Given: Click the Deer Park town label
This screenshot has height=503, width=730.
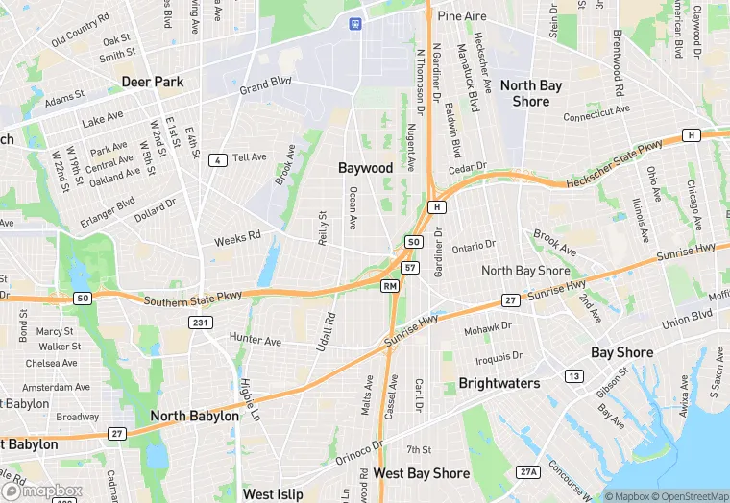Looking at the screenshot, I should (153, 82).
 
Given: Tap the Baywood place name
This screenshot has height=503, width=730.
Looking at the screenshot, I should (365, 168).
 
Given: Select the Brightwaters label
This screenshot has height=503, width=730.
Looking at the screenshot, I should (499, 383).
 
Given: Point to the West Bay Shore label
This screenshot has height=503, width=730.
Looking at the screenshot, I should (421, 473).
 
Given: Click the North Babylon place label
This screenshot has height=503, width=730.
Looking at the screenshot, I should (194, 417).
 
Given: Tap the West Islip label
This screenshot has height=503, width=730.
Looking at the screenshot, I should (273, 494).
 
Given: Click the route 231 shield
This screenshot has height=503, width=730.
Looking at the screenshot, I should (200, 322).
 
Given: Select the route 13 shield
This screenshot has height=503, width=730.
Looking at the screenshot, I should (573, 375).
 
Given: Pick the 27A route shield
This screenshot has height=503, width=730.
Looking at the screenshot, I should (528, 471).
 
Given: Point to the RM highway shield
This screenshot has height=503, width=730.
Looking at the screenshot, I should (390, 286).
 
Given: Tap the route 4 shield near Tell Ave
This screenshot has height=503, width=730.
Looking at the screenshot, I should (219, 160).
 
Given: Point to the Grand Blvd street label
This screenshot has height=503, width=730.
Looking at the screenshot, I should (265, 86).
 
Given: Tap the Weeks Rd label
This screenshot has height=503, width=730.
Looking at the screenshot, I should (237, 236).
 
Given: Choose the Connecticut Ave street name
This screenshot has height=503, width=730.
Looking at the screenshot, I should (596, 114).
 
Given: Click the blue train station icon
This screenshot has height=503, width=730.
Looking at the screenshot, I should (356, 22).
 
